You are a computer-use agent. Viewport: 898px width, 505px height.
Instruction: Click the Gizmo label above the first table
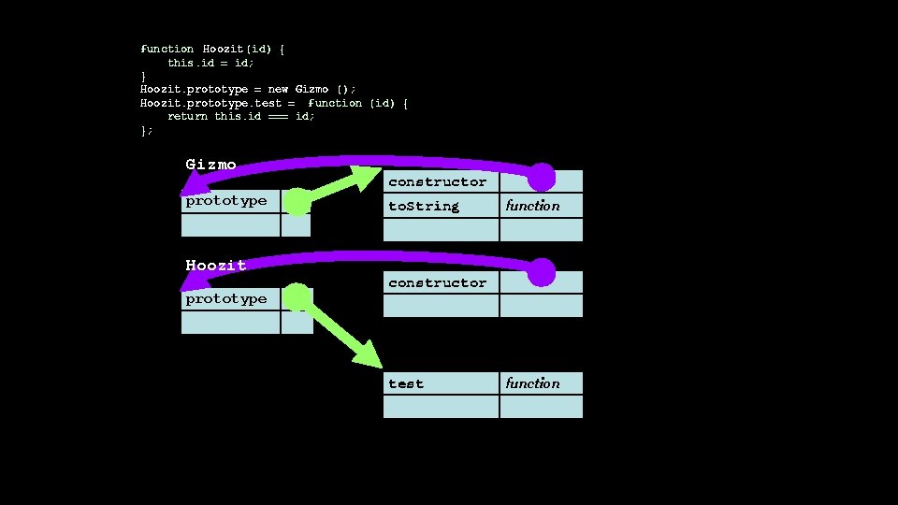(210, 165)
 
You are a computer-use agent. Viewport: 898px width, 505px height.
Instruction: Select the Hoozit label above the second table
(216, 266)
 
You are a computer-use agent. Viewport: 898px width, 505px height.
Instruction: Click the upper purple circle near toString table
(542, 176)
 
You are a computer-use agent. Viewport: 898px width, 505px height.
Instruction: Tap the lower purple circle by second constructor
(542, 273)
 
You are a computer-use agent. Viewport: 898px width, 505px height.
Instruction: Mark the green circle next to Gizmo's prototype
(297, 202)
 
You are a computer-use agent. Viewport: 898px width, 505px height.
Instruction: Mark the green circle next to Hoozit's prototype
(297, 297)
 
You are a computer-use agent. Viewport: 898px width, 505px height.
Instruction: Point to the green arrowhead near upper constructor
(364, 178)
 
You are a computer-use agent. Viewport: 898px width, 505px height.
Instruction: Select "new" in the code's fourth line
(278, 89)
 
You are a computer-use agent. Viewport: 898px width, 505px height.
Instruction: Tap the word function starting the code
(167, 49)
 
